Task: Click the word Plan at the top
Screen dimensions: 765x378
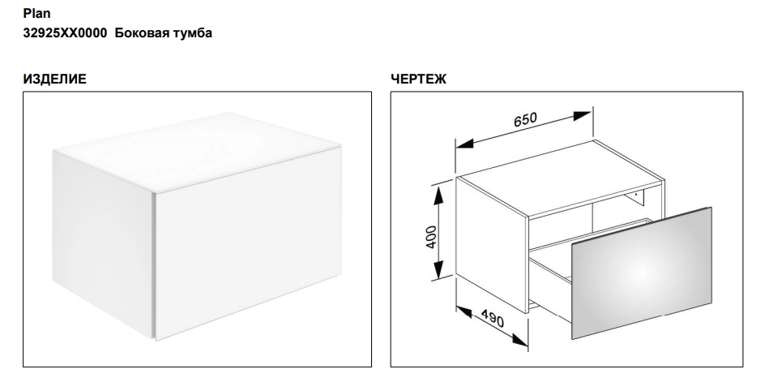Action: pyautogui.click(x=36, y=14)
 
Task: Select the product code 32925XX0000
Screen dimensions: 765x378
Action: pyautogui.click(x=65, y=33)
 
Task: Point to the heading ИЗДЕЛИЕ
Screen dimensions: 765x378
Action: pyautogui.click(x=54, y=79)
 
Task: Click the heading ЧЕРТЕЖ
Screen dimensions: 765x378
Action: pyautogui.click(x=418, y=79)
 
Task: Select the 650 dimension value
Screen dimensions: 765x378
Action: pyautogui.click(x=525, y=120)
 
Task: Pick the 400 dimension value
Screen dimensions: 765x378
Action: pyautogui.click(x=431, y=237)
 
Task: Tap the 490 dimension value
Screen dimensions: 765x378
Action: pyautogui.click(x=492, y=319)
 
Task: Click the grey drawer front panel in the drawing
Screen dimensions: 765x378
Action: pyautogui.click(x=642, y=273)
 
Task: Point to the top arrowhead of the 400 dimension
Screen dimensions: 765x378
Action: pyautogui.click(x=438, y=195)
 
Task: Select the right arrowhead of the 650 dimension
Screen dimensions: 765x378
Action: pyautogui.click(x=582, y=116)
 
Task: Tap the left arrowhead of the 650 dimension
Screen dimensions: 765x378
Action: pyautogui.click(x=464, y=144)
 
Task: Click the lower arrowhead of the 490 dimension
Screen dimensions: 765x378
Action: pyautogui.click(x=520, y=341)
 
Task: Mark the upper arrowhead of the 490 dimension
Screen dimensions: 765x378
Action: pyautogui.click(x=464, y=311)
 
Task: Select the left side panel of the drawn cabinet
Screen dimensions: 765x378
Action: pyautogui.click(x=492, y=244)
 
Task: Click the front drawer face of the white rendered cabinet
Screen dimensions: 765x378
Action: pyautogui.click(x=248, y=243)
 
